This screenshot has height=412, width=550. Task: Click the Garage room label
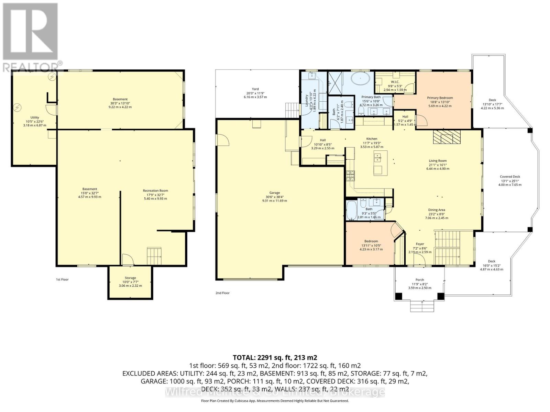(x=274, y=193)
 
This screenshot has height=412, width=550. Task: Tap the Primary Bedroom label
(x=440, y=98)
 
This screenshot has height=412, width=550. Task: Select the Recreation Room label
(x=155, y=191)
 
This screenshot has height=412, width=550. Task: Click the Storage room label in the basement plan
(x=130, y=278)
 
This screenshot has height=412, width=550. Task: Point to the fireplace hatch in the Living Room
(x=446, y=137)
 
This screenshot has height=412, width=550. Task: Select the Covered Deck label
(x=510, y=177)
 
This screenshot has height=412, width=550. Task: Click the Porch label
(x=419, y=280)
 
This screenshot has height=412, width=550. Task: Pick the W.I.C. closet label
(x=393, y=82)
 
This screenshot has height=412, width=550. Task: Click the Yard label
(x=255, y=89)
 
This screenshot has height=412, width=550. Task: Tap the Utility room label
(x=35, y=117)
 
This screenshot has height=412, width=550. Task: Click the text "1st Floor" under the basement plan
(x=62, y=279)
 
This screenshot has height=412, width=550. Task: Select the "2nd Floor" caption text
(x=223, y=293)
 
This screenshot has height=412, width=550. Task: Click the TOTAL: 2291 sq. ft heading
(x=275, y=357)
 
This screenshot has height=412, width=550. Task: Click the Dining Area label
(x=437, y=210)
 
